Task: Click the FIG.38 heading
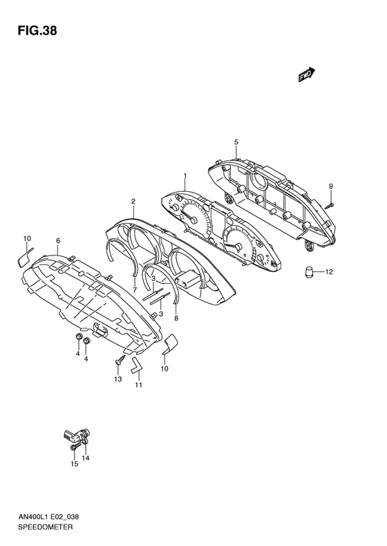(x=37, y=31)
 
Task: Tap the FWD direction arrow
(x=307, y=74)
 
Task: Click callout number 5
(x=236, y=142)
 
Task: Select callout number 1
(x=185, y=175)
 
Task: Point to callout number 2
(x=133, y=202)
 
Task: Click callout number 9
(x=331, y=186)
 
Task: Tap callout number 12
(x=329, y=271)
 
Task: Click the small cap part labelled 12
(x=309, y=271)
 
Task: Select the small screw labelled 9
(x=329, y=206)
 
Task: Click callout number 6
(x=58, y=241)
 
